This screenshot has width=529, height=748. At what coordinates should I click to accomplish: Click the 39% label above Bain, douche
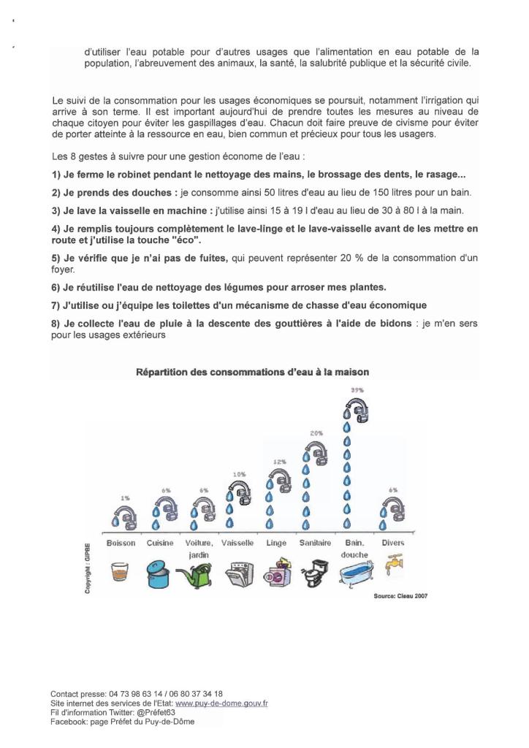pos(357,391)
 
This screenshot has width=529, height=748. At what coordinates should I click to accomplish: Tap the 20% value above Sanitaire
pos(316,433)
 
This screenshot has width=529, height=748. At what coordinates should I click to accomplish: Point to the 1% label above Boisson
pos(125,497)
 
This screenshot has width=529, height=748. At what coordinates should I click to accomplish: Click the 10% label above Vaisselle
pos(240,475)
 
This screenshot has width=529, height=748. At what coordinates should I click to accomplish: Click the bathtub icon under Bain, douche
pos(355,573)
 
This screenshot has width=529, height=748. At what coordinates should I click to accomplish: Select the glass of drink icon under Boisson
pos(121,570)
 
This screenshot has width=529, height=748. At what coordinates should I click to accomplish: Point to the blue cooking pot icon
pos(159,573)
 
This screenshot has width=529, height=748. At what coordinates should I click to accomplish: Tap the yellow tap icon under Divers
pos(393,565)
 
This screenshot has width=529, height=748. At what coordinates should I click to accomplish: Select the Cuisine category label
pos(159,543)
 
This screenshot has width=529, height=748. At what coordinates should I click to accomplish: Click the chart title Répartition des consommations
pos(253,372)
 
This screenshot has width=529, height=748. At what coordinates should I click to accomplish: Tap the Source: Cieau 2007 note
pos(400,596)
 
